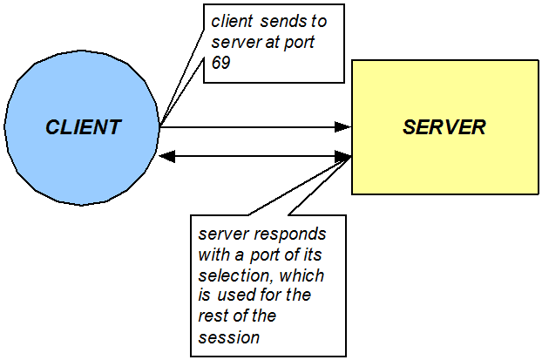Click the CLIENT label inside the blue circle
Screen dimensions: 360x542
pos(83,127)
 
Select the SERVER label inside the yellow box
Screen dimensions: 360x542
pos(444,127)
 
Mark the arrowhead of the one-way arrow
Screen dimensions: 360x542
pos(342,127)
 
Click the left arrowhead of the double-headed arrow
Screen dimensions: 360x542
pos(168,157)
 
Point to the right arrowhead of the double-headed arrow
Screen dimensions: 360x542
pos(342,157)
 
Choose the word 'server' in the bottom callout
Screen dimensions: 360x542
pos(220,234)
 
